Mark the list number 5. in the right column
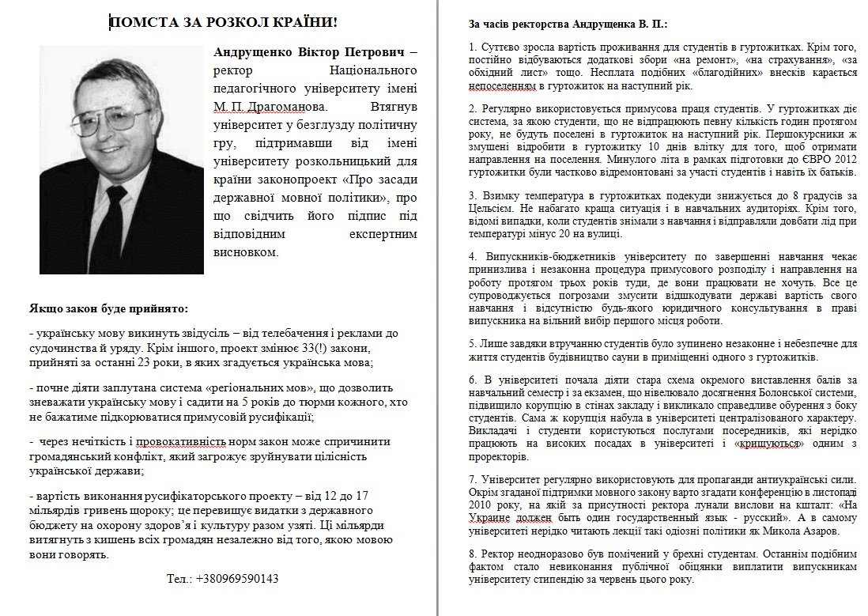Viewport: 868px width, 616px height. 473,343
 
